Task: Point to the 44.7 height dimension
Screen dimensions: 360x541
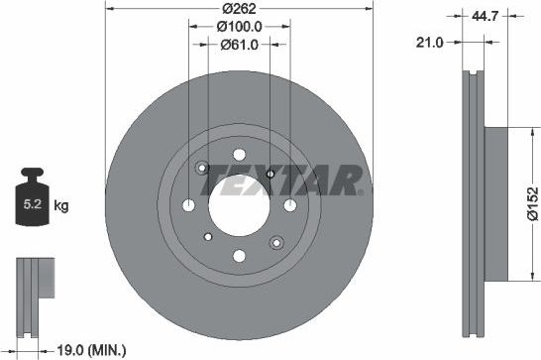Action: point(485,14)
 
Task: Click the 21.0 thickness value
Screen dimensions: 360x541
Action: point(430,42)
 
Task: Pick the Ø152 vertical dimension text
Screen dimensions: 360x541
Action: point(531,202)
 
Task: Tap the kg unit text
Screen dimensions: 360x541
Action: point(61,206)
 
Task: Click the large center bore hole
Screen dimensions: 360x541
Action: point(239,204)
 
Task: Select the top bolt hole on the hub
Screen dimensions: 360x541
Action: point(239,154)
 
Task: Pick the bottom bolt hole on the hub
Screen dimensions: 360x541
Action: point(239,256)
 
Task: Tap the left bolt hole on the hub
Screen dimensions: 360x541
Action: point(189,204)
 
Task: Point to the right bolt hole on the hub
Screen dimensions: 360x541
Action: point(289,204)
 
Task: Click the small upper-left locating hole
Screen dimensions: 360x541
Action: point(202,168)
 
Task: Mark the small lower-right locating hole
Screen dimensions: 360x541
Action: point(276,238)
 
